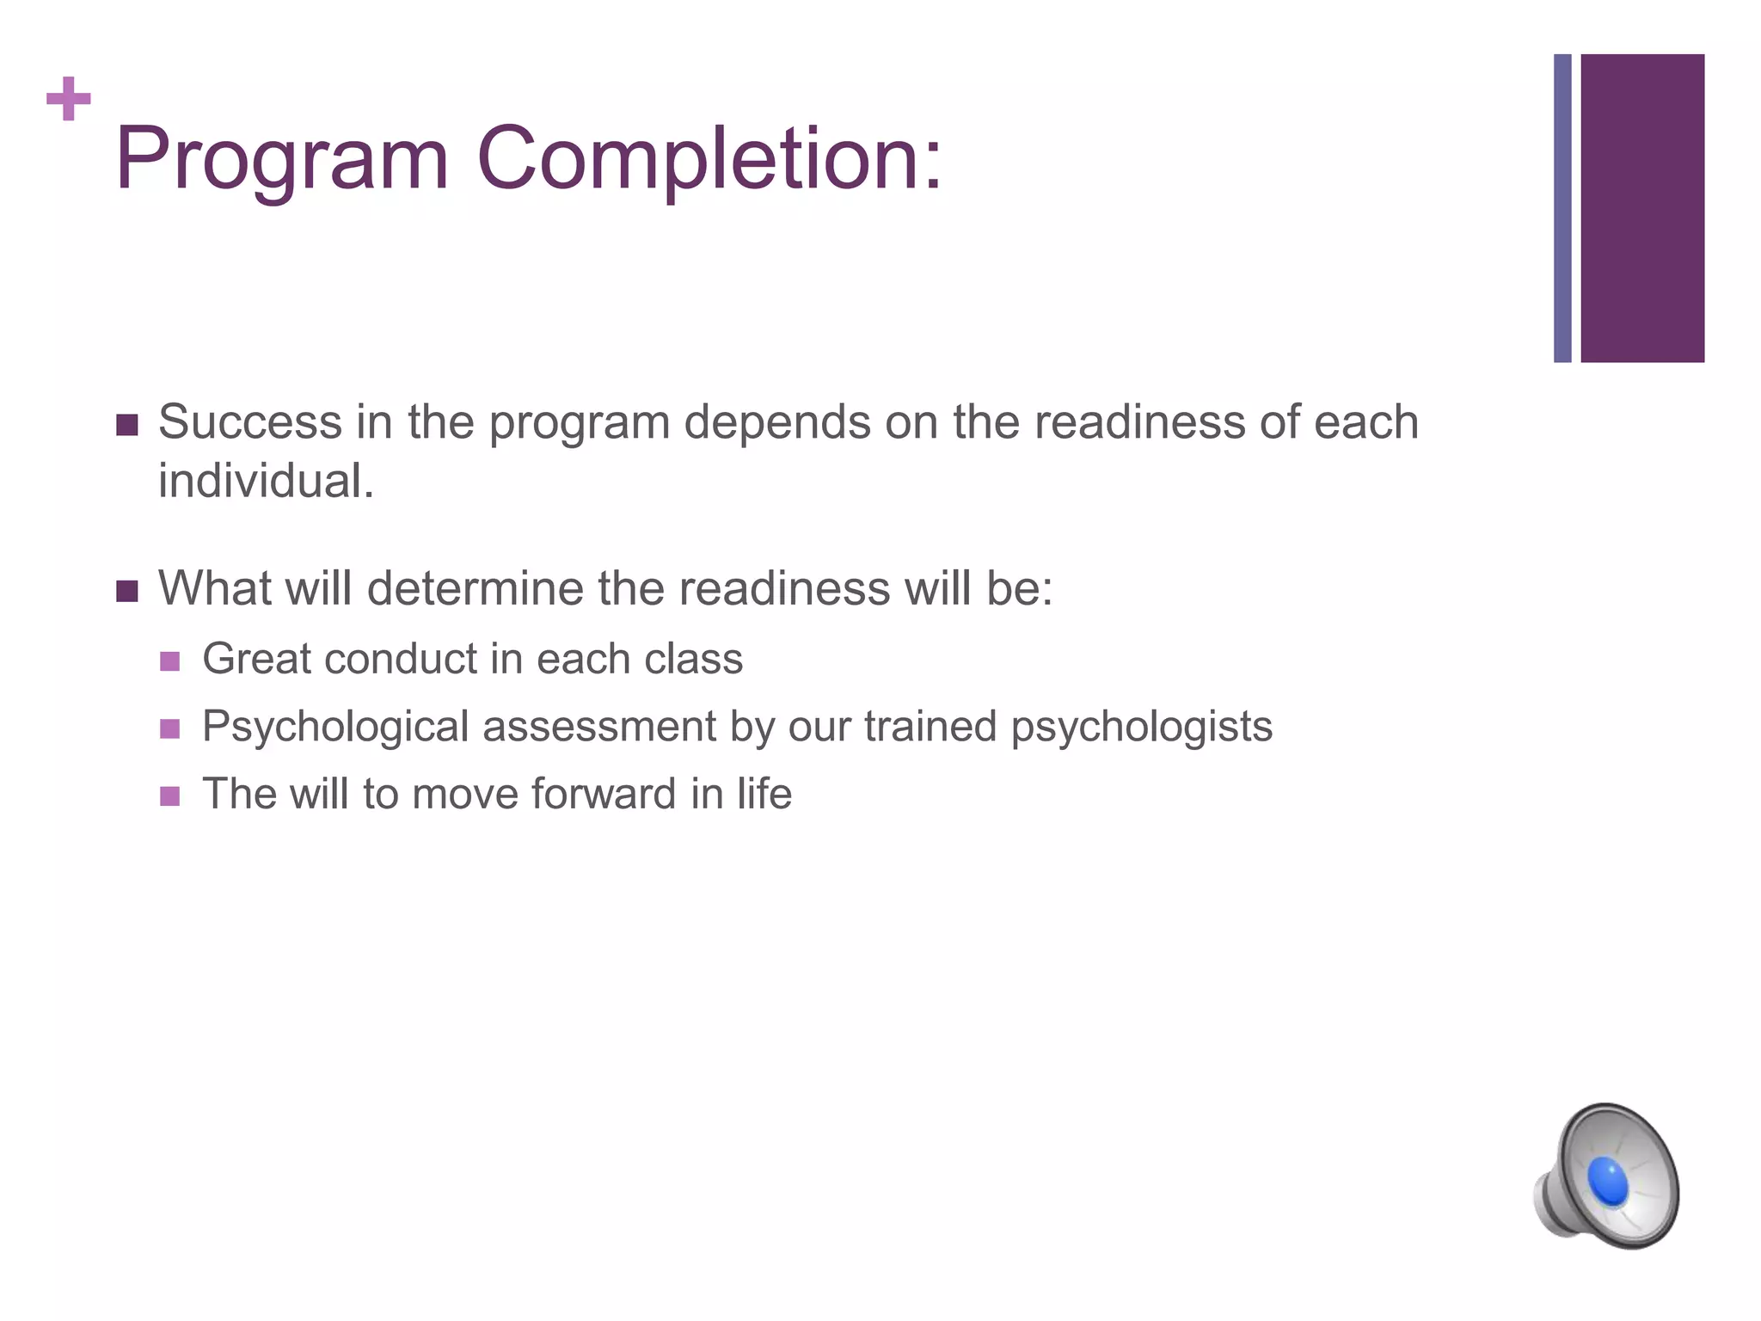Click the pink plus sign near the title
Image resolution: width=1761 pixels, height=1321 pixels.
pyautogui.click(x=69, y=100)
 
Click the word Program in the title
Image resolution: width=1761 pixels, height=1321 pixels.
pyautogui.click(x=282, y=160)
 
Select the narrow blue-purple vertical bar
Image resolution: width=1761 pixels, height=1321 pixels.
pyautogui.click(x=1562, y=208)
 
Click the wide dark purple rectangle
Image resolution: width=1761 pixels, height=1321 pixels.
pyautogui.click(x=1641, y=208)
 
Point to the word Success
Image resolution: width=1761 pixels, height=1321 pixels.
pyautogui.click(x=250, y=422)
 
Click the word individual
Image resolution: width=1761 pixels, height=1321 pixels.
pyautogui.click(x=265, y=481)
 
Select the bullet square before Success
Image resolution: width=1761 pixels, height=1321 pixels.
pyautogui.click(x=127, y=425)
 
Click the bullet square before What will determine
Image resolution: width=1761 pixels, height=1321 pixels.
pyautogui.click(x=127, y=591)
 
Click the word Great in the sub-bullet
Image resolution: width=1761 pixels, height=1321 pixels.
pyautogui.click(x=255, y=660)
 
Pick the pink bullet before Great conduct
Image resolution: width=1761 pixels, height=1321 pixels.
pyautogui.click(x=170, y=661)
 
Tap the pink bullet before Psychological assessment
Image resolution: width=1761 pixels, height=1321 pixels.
pyautogui.click(x=170, y=729)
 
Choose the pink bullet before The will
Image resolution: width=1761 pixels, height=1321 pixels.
pyautogui.click(x=170, y=796)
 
